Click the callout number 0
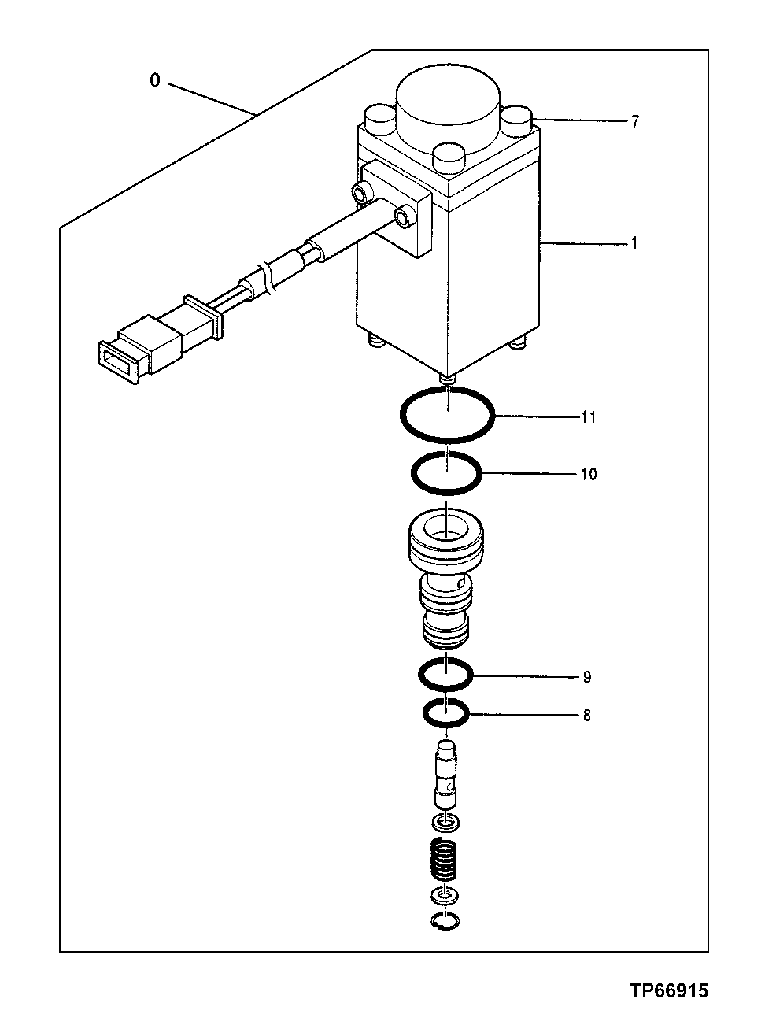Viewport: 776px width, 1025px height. [155, 80]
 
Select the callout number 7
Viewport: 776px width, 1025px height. [635, 121]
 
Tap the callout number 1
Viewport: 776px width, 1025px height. [634, 244]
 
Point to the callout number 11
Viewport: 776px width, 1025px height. [588, 417]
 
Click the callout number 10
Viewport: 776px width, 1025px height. [589, 474]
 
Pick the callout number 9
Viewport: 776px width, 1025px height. [586, 677]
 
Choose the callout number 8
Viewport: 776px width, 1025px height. [586, 716]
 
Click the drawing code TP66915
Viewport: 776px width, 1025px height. [668, 990]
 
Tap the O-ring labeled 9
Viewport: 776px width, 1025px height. [421, 675]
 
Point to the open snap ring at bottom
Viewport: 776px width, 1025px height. [446, 920]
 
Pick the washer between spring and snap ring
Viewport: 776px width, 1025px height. [445, 897]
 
